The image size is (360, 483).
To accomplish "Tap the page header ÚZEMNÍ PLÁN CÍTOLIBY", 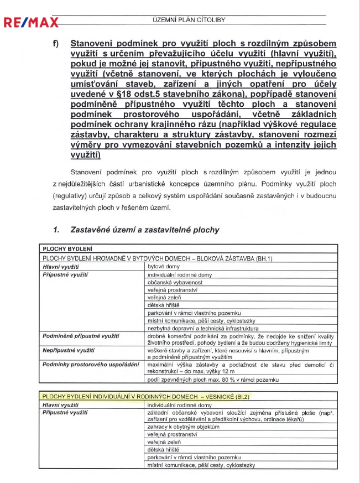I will (189, 20).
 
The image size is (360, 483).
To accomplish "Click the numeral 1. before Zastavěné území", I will (56, 230).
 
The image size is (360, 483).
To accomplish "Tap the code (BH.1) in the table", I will (262, 258).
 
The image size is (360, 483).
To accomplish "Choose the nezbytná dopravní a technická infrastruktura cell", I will (196, 328).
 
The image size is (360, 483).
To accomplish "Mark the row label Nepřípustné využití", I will (69, 351).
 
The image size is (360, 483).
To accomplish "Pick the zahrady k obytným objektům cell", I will (184, 427).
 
